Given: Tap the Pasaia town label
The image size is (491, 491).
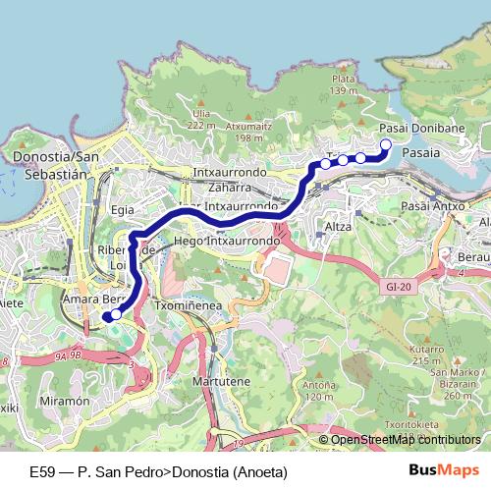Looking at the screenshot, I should click(x=421, y=153).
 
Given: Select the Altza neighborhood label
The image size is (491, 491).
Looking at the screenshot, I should click(x=338, y=227).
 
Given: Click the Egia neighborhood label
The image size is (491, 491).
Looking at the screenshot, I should click(x=123, y=209).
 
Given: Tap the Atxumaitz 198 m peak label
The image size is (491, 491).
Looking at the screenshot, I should click(x=245, y=131).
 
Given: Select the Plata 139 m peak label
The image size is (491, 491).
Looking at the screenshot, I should click(x=343, y=84).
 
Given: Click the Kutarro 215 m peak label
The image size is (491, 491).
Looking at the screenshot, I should click(x=427, y=355).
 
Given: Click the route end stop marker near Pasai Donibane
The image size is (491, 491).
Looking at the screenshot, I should click(x=385, y=145).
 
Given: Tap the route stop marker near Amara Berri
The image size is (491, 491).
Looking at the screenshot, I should click(x=116, y=314).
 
